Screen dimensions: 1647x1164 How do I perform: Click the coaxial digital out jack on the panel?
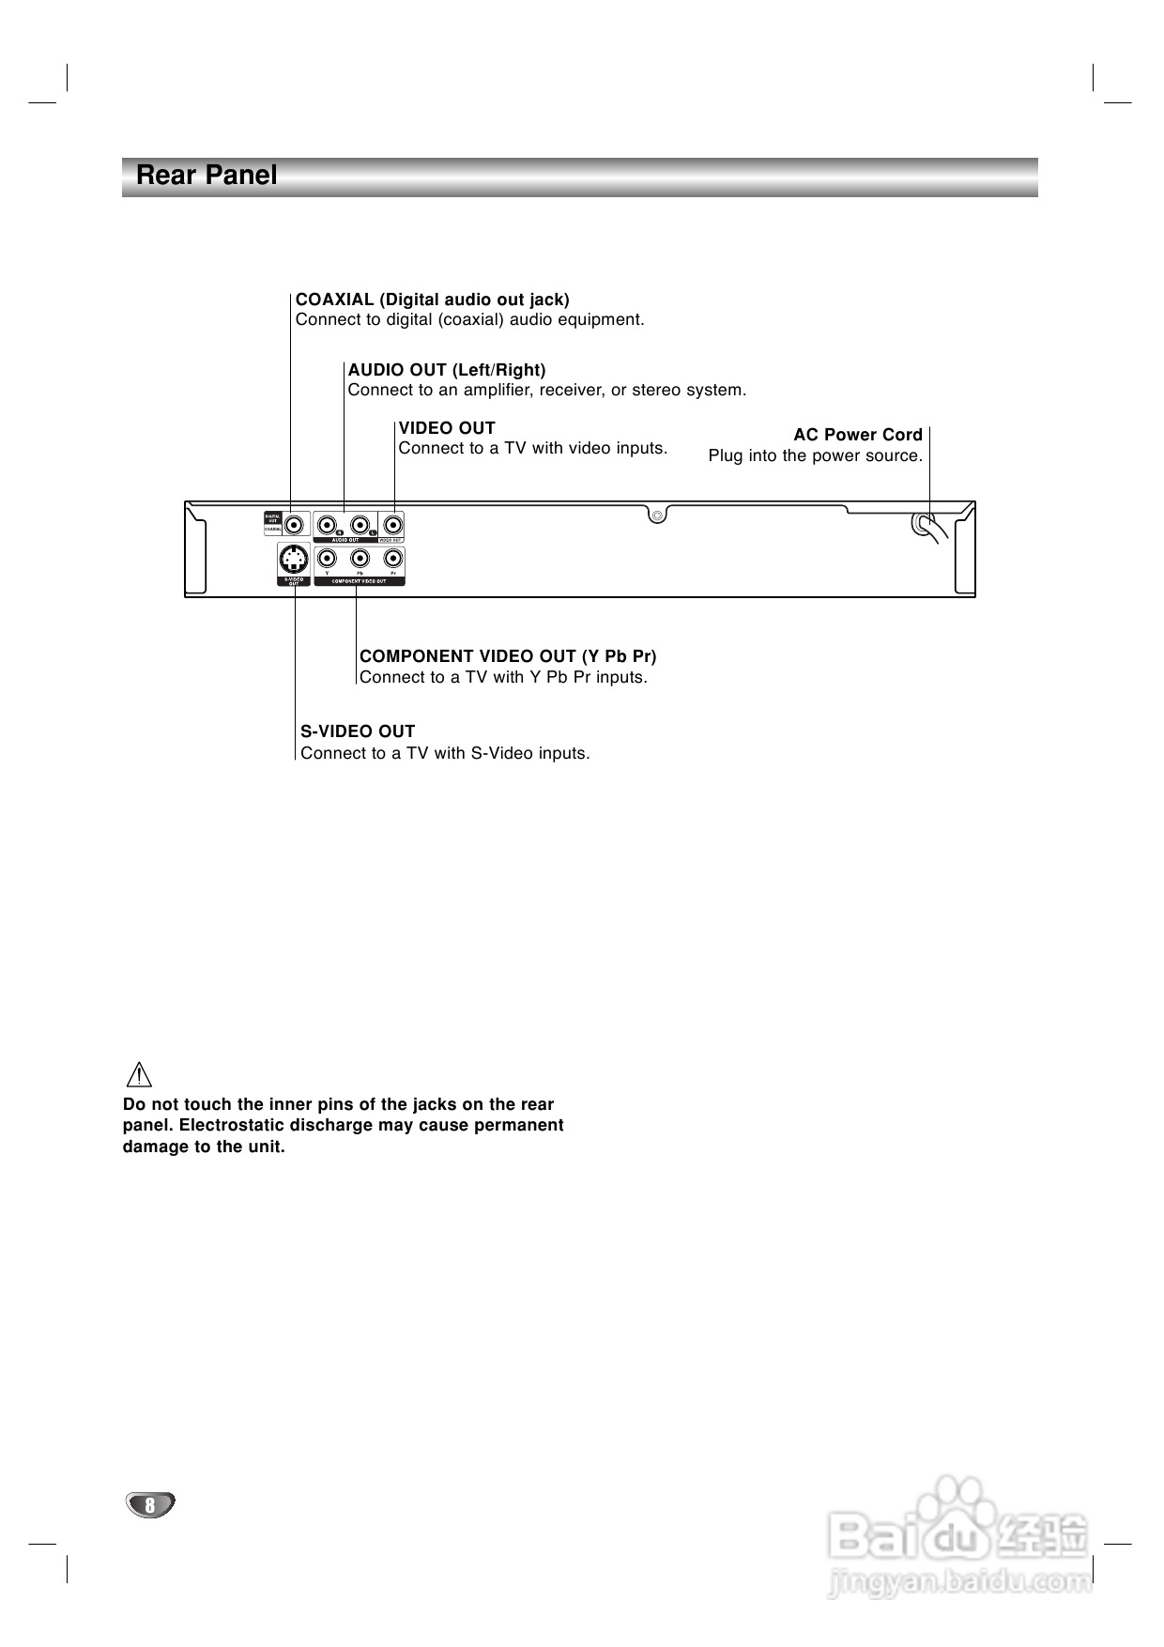click(296, 524)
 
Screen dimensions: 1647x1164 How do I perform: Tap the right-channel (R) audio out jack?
click(328, 524)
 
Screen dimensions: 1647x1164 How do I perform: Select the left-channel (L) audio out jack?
click(360, 524)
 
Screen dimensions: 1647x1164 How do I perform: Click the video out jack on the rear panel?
click(393, 524)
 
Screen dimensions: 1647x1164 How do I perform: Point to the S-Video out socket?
click(294, 561)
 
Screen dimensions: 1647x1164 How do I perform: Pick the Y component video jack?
click(327, 560)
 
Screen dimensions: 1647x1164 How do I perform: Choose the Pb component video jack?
click(360, 560)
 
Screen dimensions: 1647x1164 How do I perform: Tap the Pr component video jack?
click(393, 560)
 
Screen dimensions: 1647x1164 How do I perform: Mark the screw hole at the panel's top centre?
click(658, 515)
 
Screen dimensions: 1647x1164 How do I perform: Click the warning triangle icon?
click(138, 1074)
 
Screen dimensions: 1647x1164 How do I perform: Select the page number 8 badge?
click(149, 1505)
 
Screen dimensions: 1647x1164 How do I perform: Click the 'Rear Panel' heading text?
click(207, 176)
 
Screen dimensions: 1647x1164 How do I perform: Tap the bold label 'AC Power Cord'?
click(858, 435)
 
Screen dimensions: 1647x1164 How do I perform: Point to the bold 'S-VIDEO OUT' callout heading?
click(358, 731)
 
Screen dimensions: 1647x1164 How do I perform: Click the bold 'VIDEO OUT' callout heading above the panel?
click(447, 428)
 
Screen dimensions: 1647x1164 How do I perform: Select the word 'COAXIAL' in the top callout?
click(334, 300)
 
